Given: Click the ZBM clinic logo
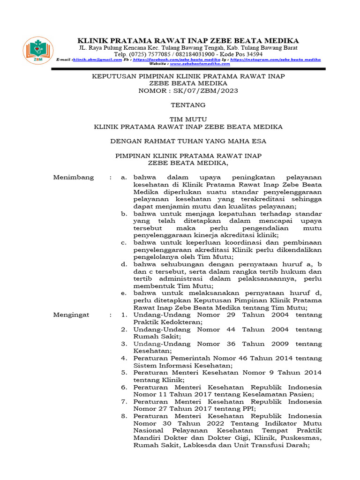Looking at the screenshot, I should click(x=38, y=50).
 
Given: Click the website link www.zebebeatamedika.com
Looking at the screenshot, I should click(x=200, y=64).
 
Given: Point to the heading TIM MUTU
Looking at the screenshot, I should click(x=188, y=120).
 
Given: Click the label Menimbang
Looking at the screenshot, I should click(x=74, y=178).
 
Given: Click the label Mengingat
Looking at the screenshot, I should click(x=71, y=315).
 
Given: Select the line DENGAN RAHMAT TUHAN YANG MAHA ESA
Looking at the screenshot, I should click(x=188, y=141).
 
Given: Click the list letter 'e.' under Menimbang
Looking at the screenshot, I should click(x=124, y=293).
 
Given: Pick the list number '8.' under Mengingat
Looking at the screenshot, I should click(x=124, y=416).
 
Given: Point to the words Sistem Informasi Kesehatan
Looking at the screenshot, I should click(x=183, y=366).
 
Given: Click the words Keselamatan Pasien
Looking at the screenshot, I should click(x=271, y=395).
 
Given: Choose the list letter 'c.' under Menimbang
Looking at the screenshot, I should click(x=124, y=242).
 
